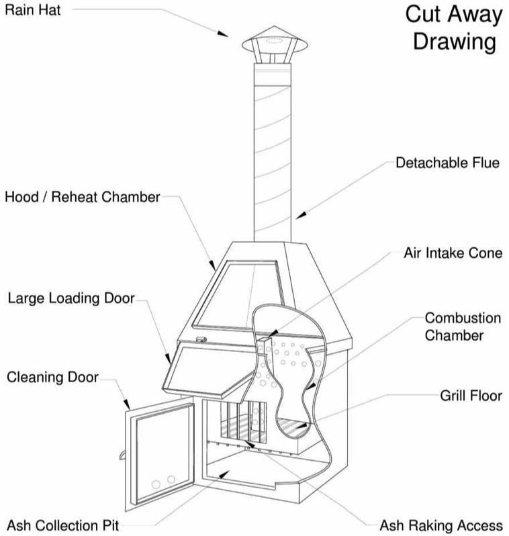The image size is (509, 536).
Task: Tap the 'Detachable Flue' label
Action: point(447,163)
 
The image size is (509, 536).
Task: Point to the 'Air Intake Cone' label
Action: point(453,254)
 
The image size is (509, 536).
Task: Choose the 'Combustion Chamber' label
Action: point(463,326)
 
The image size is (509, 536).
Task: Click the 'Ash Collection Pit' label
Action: point(64,523)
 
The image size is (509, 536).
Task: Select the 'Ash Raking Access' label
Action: point(441,525)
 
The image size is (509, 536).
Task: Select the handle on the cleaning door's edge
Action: point(123,456)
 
